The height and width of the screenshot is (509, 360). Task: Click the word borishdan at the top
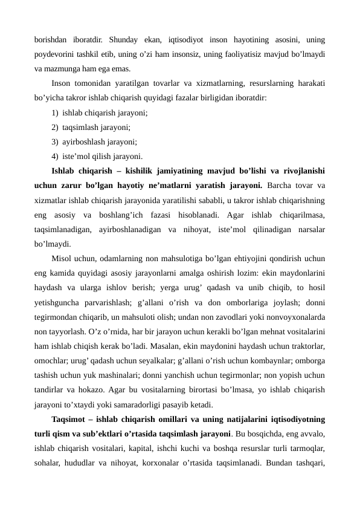[52, 41]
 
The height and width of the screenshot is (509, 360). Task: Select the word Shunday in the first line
[128, 41]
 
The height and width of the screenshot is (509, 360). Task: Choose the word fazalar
[192, 97]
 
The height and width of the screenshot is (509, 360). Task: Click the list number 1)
[56, 112]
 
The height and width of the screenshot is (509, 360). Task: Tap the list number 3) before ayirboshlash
[56, 141]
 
